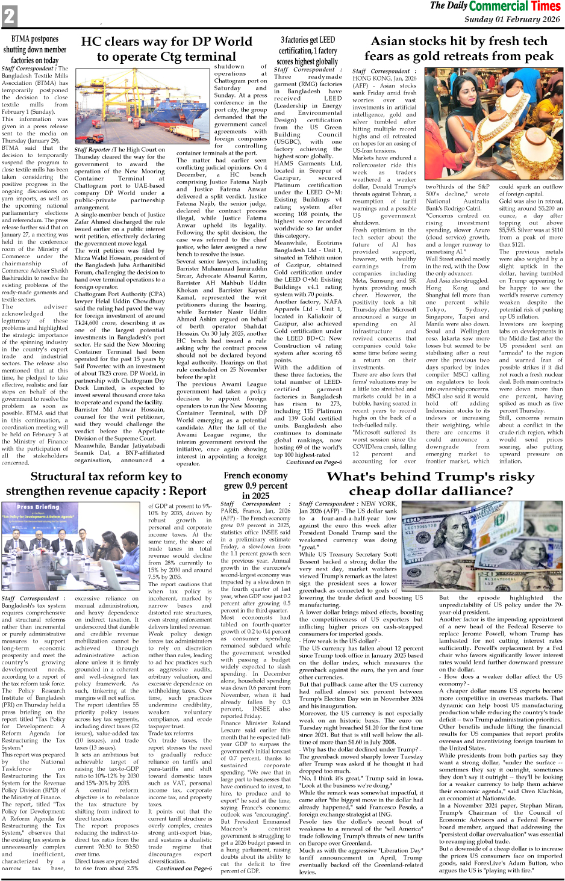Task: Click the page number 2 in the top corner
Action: click(9, 16)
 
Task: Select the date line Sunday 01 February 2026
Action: click(512, 19)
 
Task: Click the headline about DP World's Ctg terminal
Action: click(166, 49)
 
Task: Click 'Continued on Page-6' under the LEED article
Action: click(314, 462)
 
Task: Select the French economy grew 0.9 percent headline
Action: click(255, 485)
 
